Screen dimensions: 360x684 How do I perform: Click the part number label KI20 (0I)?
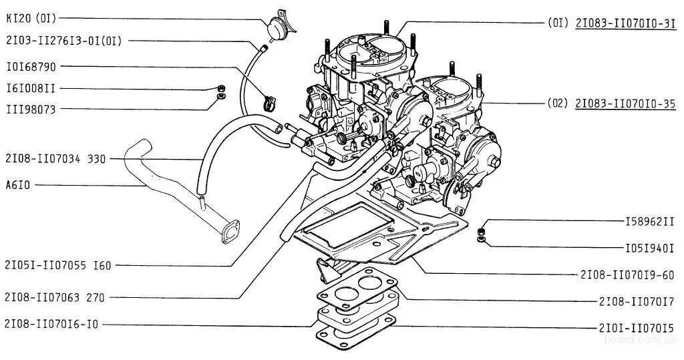coord(31,18)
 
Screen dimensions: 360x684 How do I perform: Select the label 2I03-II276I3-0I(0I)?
coord(63,41)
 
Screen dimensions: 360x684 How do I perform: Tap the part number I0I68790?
coord(31,66)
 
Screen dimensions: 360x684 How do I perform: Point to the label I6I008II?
coord(31,88)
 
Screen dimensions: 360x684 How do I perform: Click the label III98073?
coord(31,109)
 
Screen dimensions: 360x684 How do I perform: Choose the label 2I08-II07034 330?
coord(55,159)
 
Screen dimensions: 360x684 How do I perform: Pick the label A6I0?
coord(18,184)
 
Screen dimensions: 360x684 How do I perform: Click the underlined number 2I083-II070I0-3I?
coord(625,22)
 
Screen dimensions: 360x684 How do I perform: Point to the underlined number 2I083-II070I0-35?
coord(625,104)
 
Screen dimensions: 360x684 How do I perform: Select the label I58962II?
coord(649,220)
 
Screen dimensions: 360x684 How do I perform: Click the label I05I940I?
coord(649,247)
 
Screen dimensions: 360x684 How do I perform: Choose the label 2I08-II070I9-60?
coord(627,274)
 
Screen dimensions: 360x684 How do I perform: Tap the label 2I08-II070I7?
coord(636,301)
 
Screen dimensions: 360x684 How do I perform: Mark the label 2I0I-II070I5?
coord(636,328)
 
